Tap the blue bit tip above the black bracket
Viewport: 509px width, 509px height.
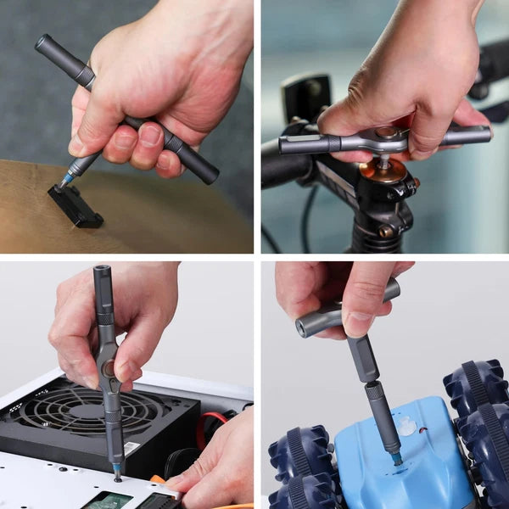[x=64, y=181]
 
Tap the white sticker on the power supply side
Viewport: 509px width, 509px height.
[x=131, y=447]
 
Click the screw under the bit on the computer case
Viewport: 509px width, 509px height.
[x=117, y=478]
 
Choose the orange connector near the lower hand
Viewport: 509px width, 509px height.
[x=158, y=480]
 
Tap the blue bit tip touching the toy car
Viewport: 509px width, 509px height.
[x=396, y=458]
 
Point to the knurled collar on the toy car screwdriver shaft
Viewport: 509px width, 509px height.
[x=376, y=391]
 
